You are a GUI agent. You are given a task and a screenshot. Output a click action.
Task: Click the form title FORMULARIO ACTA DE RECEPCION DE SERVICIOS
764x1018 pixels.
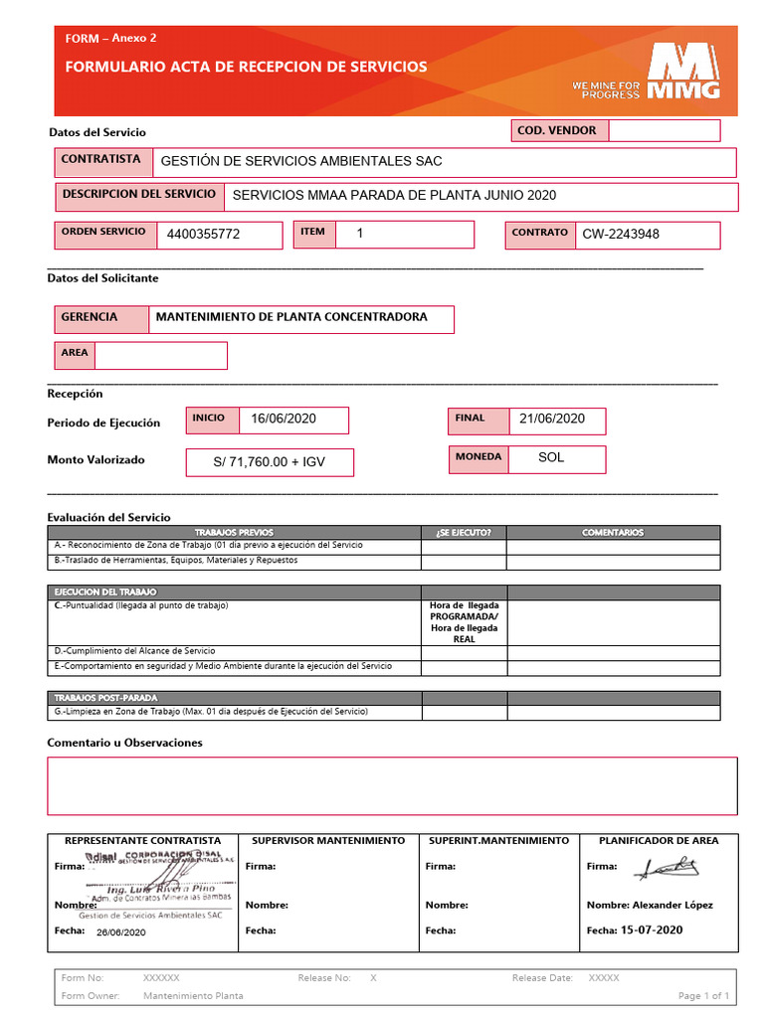[x=246, y=67]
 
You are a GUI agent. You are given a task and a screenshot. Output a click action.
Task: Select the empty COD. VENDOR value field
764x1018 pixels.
[x=664, y=130]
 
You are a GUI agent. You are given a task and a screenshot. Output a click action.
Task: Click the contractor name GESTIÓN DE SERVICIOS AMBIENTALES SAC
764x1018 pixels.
[x=301, y=161]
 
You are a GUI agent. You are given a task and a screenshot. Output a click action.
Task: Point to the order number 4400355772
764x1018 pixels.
[x=204, y=235]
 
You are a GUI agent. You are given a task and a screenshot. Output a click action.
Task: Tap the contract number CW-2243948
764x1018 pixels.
[x=621, y=235]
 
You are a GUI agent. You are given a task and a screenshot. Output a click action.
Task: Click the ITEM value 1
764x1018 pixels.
[x=360, y=233]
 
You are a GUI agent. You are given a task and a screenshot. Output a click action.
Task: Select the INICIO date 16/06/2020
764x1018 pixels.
[x=284, y=420]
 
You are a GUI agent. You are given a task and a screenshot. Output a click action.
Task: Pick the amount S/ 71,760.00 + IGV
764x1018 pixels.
[x=270, y=462]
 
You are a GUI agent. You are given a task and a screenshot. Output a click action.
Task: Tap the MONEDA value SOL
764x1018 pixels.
[x=551, y=458]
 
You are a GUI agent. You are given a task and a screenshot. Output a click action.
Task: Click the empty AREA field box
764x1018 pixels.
[x=160, y=355]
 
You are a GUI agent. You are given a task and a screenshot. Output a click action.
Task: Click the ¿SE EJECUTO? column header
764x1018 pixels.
[x=464, y=533]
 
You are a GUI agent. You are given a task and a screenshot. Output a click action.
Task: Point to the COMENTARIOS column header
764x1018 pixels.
[x=613, y=533]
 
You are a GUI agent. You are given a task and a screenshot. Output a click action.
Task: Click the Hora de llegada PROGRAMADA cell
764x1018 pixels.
[x=464, y=622]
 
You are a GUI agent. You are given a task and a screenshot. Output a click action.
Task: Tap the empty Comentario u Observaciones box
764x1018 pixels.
[x=392, y=785]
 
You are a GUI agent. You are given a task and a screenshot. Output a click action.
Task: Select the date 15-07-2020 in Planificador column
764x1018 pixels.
[x=652, y=931]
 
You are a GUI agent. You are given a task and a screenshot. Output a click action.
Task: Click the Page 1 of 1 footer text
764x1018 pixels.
[x=703, y=996]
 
